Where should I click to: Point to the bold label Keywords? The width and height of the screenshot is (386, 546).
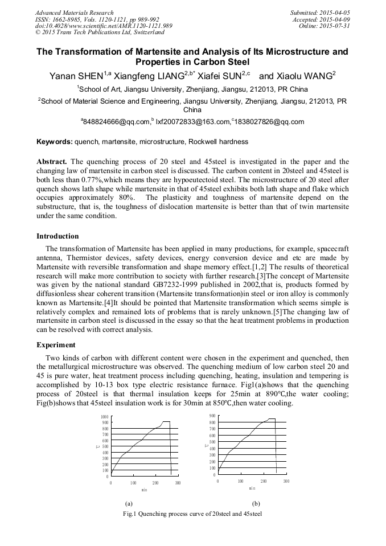tap(55, 141)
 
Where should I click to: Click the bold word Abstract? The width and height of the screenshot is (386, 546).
tap(51, 162)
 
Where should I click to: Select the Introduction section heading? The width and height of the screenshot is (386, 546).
tap(58, 236)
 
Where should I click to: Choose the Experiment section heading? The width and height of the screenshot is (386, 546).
tap(56, 344)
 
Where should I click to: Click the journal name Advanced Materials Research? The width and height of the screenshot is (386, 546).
tap(74, 13)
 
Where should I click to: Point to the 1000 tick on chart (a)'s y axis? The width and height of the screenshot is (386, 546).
tap(104, 417)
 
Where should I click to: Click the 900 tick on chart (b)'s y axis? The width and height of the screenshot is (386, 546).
tap(212, 416)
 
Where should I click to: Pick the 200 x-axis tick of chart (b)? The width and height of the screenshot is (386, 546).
tap(263, 481)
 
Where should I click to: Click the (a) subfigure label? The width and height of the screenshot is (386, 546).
tap(129, 504)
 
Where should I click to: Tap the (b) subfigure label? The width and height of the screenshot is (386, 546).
tap(256, 504)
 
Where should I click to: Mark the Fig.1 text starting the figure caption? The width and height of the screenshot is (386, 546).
tap(131, 514)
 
